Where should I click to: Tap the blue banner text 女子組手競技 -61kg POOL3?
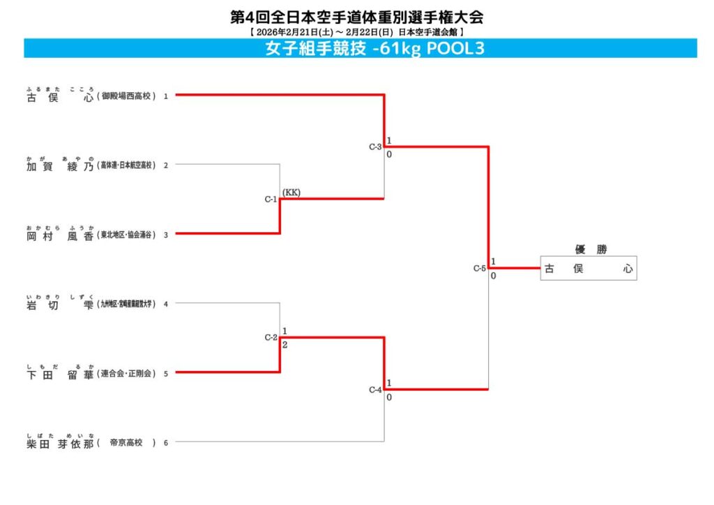(374, 49)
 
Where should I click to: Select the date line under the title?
(356, 32)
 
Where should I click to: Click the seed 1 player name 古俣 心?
(59, 97)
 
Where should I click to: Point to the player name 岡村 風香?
(59, 235)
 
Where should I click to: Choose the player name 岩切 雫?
(59, 304)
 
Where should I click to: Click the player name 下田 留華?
(59, 373)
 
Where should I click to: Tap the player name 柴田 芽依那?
(59, 442)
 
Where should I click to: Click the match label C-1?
(271, 199)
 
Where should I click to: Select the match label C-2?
(271, 338)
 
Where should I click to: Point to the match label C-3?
(375, 147)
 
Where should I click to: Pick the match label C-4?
(375, 390)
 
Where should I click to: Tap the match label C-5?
(479, 269)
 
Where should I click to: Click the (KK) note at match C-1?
(291, 193)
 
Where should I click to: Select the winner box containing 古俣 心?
(588, 269)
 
